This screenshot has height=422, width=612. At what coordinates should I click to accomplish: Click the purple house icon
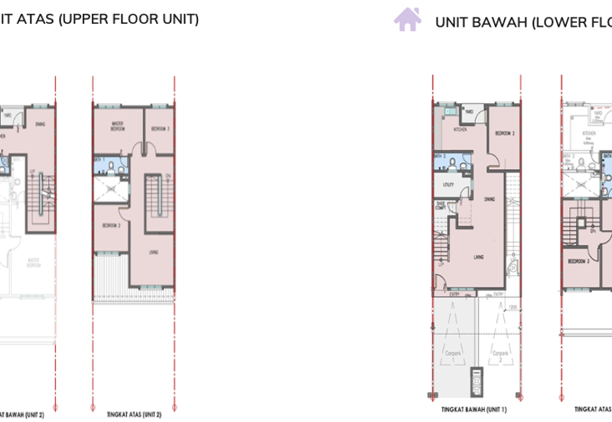click(407, 19)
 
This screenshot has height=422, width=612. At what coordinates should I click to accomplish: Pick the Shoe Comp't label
click(441, 205)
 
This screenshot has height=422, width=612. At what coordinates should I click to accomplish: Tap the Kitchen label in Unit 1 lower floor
click(460, 130)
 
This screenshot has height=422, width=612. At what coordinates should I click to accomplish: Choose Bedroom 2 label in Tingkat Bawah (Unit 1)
click(503, 134)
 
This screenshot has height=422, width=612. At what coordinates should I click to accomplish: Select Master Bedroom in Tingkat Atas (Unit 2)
click(118, 125)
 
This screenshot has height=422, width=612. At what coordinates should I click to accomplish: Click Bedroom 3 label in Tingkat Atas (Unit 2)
click(160, 128)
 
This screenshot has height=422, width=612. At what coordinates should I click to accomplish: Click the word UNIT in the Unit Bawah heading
click(451, 21)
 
